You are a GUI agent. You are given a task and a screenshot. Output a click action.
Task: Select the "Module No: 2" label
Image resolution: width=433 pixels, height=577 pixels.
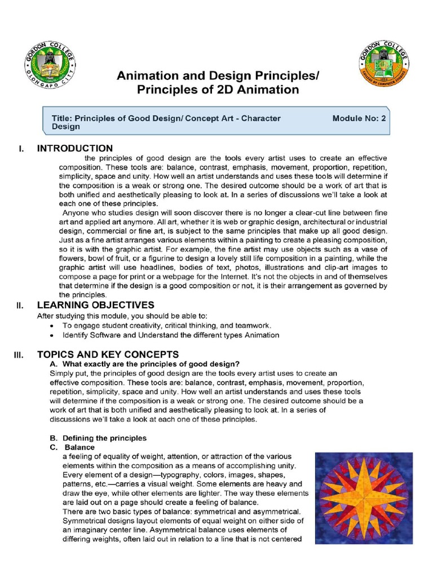359,119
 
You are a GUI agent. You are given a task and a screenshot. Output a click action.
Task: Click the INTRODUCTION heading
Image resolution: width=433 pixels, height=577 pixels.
75,149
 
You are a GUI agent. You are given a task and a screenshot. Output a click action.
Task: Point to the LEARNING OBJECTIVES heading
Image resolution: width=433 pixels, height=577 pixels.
95,305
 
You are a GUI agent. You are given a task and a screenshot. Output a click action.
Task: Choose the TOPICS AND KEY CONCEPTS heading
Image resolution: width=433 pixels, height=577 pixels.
108,354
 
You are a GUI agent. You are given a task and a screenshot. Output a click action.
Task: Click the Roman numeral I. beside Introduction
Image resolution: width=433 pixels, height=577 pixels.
21,149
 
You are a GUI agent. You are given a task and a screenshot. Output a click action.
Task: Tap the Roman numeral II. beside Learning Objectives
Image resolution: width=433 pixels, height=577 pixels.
20,305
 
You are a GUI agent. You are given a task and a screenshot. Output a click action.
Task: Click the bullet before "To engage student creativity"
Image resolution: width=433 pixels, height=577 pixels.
52,326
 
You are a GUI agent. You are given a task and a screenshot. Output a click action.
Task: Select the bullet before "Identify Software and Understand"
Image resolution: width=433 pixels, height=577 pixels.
52,335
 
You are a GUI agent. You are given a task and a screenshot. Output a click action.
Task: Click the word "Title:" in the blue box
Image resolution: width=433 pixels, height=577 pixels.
63,119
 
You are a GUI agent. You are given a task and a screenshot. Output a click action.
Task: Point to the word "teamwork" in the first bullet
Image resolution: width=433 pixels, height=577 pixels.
253,326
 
